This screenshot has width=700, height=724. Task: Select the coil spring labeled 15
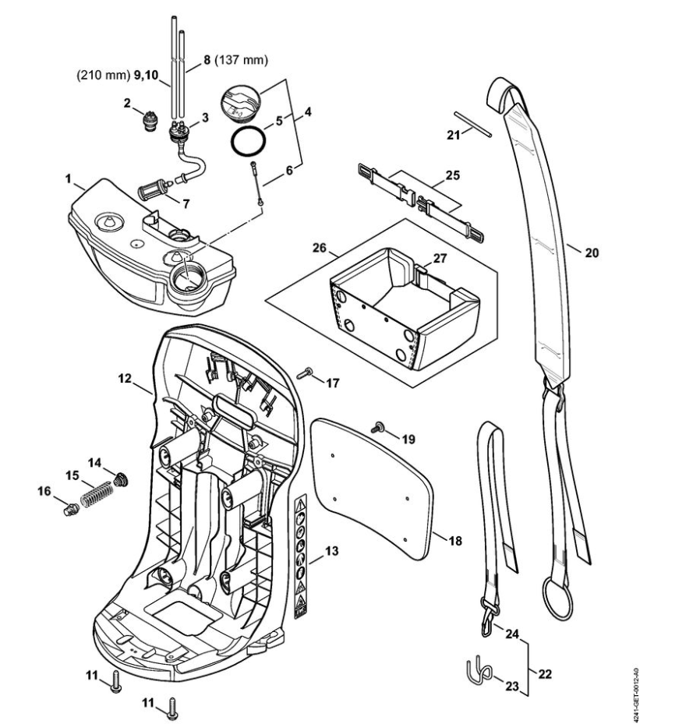tap(94, 494)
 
